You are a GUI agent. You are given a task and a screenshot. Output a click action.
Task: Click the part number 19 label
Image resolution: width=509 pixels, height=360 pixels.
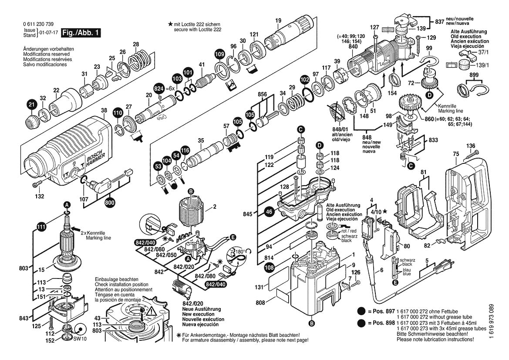tap(278, 20)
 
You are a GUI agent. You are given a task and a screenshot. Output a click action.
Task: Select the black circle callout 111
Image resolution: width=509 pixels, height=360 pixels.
tap(41, 226)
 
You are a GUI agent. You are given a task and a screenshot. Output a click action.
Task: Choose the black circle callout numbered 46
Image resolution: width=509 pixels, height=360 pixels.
tap(269, 212)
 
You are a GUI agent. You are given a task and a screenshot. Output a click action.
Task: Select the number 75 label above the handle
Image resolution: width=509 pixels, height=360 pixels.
tap(455, 153)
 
